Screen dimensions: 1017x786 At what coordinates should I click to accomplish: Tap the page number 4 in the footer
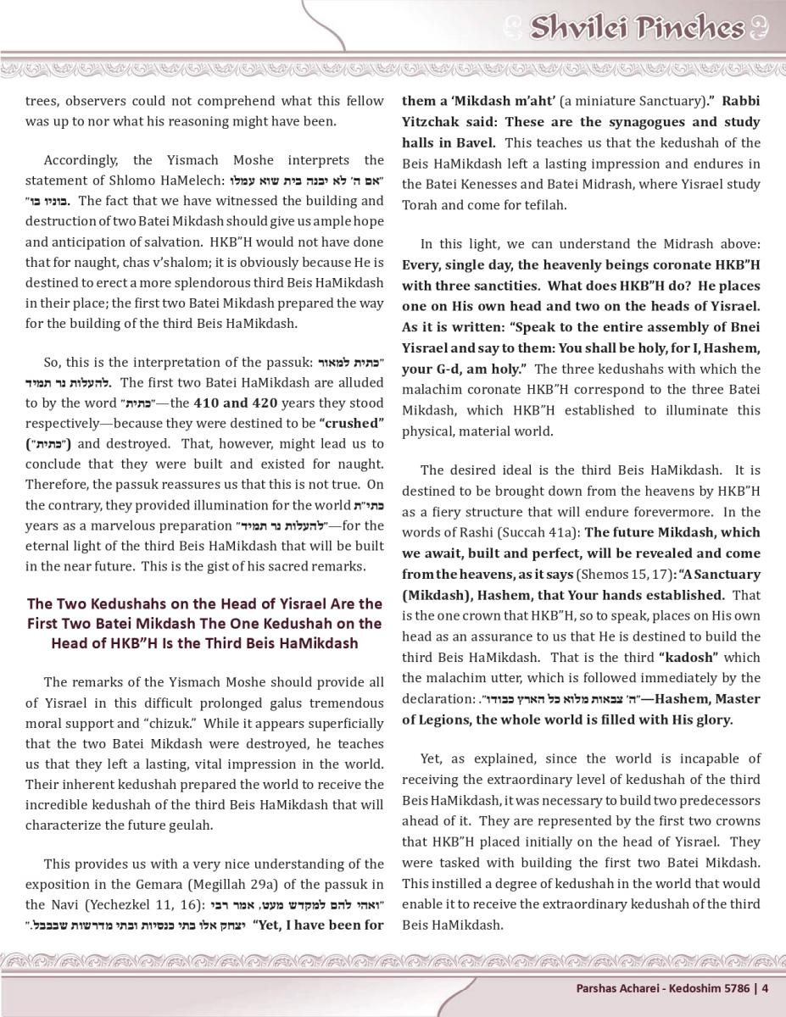point(765,987)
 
